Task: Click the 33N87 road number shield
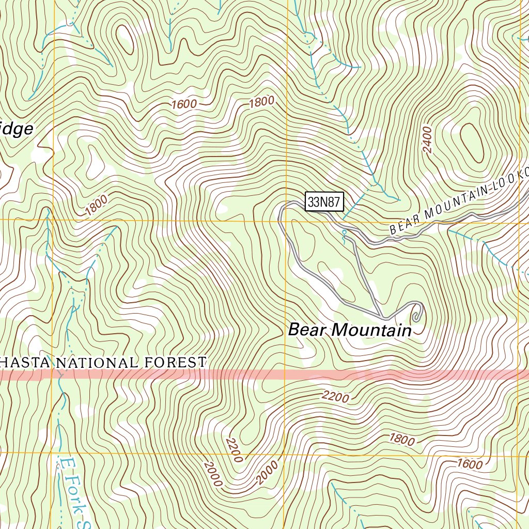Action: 324,202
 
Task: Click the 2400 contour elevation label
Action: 427,139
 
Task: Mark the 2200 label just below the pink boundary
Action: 335,397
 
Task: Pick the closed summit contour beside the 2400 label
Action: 471,141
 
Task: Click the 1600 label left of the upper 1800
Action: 184,104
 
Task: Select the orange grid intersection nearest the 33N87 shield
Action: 286,221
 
